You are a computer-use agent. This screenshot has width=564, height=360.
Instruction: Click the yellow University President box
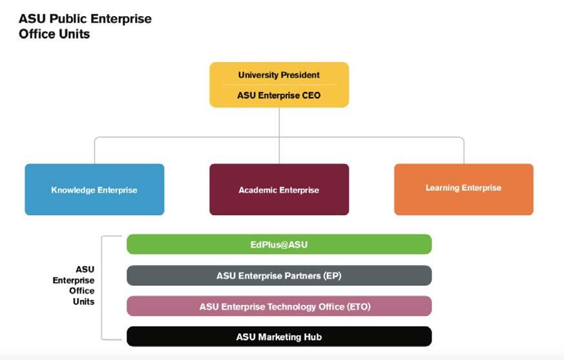(x=279, y=85)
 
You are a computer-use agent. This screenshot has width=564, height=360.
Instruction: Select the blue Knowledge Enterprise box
(x=94, y=189)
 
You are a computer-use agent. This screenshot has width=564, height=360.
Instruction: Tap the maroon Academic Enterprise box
(x=279, y=189)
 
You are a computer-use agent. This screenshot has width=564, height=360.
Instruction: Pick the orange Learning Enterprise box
(x=464, y=189)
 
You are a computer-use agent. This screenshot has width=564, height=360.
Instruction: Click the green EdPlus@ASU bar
(x=279, y=244)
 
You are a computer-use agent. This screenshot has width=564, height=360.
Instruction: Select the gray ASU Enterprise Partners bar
(x=279, y=275)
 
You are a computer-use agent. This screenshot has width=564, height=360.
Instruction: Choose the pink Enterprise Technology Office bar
(x=279, y=306)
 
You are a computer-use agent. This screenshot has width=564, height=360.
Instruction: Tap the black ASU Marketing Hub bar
(x=279, y=337)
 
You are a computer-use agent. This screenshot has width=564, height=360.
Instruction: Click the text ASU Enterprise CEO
(x=278, y=96)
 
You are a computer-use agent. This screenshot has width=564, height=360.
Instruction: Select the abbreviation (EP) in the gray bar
(x=332, y=276)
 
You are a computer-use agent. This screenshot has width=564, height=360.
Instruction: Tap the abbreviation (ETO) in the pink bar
(x=359, y=307)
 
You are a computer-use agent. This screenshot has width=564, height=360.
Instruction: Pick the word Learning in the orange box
(x=443, y=188)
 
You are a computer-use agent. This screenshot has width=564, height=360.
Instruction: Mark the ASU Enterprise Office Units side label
(x=74, y=286)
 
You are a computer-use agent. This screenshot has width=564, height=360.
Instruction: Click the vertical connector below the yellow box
(x=279, y=135)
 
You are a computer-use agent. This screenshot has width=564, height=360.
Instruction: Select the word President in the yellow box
(x=300, y=75)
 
